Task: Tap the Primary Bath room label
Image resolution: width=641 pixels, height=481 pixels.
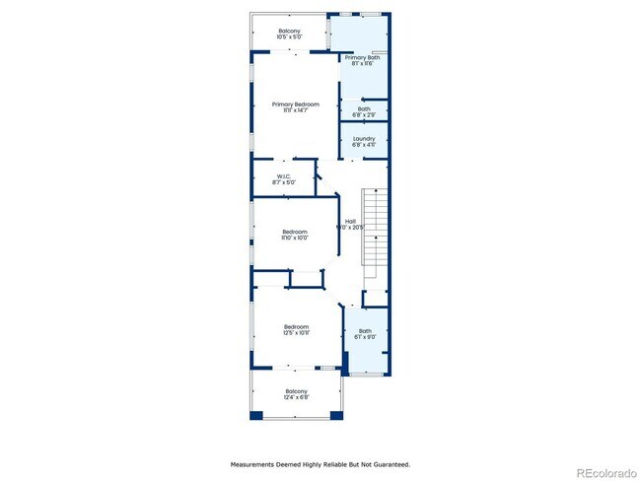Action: pos(360,57)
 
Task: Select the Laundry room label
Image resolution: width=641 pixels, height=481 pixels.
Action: pos(364,139)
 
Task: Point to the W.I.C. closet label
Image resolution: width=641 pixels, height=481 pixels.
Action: pos(283,176)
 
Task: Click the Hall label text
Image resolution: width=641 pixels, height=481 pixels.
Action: pos(350,221)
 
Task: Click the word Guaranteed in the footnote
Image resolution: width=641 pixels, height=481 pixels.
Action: pos(389,463)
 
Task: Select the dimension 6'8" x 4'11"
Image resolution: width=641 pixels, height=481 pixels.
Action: pos(364,145)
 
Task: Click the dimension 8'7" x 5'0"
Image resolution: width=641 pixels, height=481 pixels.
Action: pos(283,182)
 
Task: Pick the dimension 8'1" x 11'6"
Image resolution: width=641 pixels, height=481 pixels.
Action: pos(360,63)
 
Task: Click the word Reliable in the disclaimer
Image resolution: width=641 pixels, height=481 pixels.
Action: pos(325,463)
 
